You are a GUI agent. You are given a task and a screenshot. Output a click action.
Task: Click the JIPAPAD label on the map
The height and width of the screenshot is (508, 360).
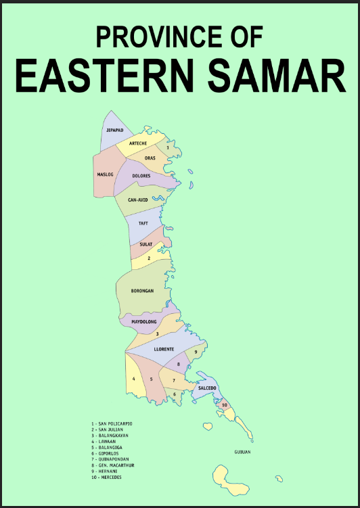coord(114,130)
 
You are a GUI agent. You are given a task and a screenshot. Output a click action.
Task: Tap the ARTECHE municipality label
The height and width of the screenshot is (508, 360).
coord(138,143)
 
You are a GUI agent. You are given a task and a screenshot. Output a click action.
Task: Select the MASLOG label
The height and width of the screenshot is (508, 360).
coord(105,174)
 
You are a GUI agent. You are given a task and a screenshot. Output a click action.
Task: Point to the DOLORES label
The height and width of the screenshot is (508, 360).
coord(141,176)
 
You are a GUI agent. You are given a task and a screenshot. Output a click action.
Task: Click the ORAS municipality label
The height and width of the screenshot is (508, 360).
coord(150,158)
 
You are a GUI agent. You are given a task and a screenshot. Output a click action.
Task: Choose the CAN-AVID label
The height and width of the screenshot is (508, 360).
coord(138,200)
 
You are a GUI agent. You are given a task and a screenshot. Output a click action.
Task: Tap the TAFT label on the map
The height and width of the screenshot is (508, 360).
coord(143,223)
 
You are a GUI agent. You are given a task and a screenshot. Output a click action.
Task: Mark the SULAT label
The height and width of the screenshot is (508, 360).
coord(146,244)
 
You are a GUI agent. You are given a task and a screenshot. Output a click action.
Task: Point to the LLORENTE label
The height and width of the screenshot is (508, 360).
coord(164,349)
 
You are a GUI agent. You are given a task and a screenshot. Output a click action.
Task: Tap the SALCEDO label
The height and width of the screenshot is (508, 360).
coord(207,388)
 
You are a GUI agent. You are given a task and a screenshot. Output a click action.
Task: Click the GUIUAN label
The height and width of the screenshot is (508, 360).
coord(242,451)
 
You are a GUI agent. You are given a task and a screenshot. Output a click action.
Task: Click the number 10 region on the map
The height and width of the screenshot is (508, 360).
coord(224,405)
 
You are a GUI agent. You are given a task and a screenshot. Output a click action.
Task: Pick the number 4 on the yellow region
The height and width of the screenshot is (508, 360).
coord(134,379)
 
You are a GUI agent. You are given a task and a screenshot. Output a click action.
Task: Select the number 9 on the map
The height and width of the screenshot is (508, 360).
coord(196,352)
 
